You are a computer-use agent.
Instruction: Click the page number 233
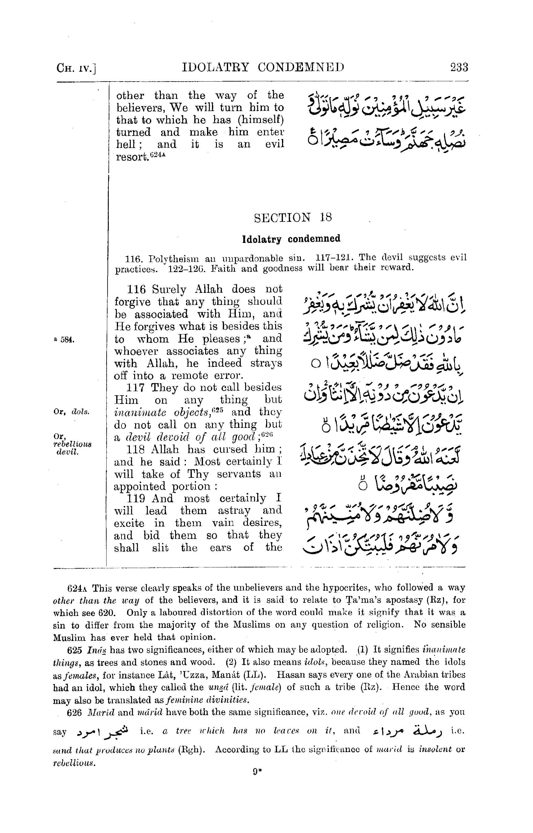[459, 67]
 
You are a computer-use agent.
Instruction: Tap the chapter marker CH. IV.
[76, 68]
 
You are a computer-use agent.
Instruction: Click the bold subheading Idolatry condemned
[291, 239]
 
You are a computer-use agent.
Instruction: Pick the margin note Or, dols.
[72, 412]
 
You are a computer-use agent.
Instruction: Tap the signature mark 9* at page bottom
[257, 772]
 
